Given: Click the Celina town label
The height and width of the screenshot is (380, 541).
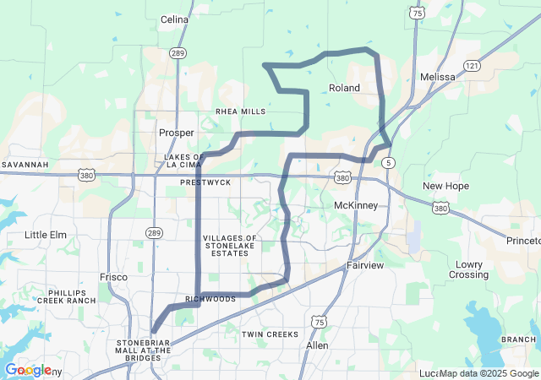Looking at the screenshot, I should click(x=174, y=19).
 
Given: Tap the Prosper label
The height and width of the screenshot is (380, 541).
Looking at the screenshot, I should click(x=177, y=133).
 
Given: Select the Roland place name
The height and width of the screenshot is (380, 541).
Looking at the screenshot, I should click(x=344, y=88).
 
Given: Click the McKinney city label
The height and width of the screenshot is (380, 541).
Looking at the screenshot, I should click(x=356, y=206).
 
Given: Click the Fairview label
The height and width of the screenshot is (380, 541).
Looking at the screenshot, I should click(x=365, y=265).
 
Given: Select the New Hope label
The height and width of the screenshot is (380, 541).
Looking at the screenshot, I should click(x=445, y=186).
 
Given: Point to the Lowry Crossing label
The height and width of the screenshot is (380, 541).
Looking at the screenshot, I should click(x=468, y=269).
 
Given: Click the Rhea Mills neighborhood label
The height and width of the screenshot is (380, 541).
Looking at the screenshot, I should click(x=241, y=111).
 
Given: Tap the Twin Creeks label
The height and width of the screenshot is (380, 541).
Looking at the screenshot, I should click(x=270, y=334).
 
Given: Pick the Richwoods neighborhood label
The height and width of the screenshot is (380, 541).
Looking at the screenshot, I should click(x=210, y=299).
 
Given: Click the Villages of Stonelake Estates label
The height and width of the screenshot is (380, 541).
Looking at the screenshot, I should click(x=230, y=246).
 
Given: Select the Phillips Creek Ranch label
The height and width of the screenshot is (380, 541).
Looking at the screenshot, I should click(x=67, y=296).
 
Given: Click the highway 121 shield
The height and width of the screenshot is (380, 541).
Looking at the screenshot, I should click(x=472, y=66).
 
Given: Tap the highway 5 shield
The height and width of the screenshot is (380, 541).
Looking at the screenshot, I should click(x=387, y=161).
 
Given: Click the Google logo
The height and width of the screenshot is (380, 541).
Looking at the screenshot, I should click(x=28, y=370).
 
